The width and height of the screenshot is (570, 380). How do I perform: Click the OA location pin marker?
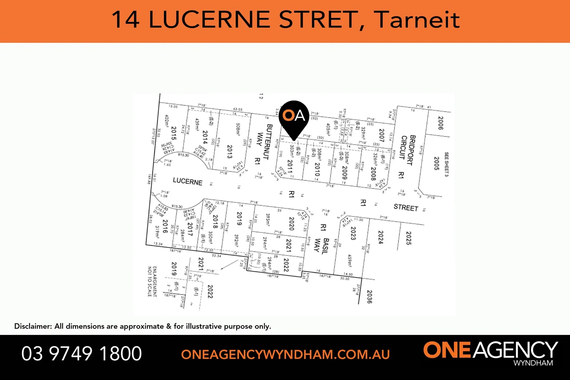294,116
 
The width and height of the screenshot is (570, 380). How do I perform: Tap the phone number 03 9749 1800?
82,354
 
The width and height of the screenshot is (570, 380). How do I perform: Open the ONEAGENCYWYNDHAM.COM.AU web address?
285,354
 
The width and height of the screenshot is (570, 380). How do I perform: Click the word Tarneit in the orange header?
417,20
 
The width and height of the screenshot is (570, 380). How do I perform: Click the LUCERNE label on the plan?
188,181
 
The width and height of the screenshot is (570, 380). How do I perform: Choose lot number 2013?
229,152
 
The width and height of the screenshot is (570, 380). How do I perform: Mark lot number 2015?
173,133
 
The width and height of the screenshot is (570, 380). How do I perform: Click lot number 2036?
369,297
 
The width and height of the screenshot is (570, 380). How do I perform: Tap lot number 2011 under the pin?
290,166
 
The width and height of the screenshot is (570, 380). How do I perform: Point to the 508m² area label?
238,129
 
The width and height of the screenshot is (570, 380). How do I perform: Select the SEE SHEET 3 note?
446,164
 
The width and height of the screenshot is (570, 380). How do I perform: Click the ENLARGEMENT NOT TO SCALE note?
152,281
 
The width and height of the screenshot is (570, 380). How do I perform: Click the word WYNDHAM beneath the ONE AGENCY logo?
533,363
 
